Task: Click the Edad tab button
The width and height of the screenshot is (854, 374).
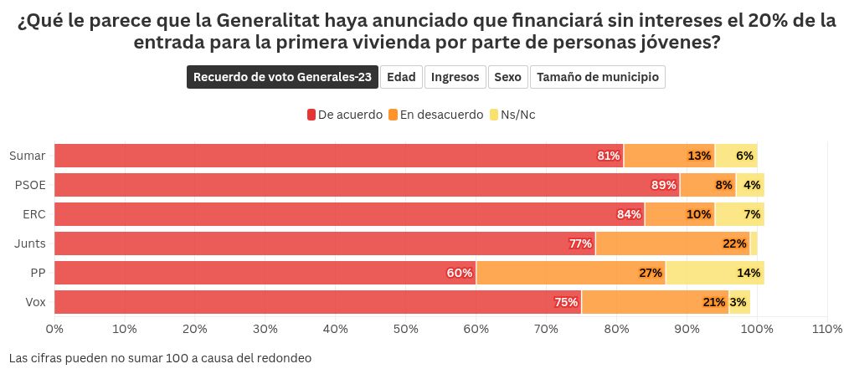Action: [x=401, y=77]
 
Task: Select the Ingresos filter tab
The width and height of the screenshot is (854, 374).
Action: [x=455, y=77]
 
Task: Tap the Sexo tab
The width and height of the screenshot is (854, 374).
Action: [x=507, y=77]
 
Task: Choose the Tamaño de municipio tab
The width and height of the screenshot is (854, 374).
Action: [x=597, y=77]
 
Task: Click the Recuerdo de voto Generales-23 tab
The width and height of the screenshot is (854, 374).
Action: [x=282, y=77]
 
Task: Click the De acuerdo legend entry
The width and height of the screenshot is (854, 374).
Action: [x=345, y=115]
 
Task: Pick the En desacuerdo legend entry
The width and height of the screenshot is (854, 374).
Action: [x=435, y=115]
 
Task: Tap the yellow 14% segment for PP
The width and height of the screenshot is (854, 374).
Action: [x=714, y=273]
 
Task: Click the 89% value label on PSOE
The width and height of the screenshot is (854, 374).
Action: [x=663, y=185]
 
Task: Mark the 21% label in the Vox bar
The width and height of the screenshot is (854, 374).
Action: [x=714, y=302]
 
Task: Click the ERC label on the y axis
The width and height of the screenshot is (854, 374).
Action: [x=34, y=214]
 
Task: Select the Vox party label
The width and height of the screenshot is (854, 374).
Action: [x=35, y=302]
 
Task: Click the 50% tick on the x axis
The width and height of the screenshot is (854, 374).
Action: [x=406, y=330]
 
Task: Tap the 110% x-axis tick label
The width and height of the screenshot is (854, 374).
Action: [x=827, y=330]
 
